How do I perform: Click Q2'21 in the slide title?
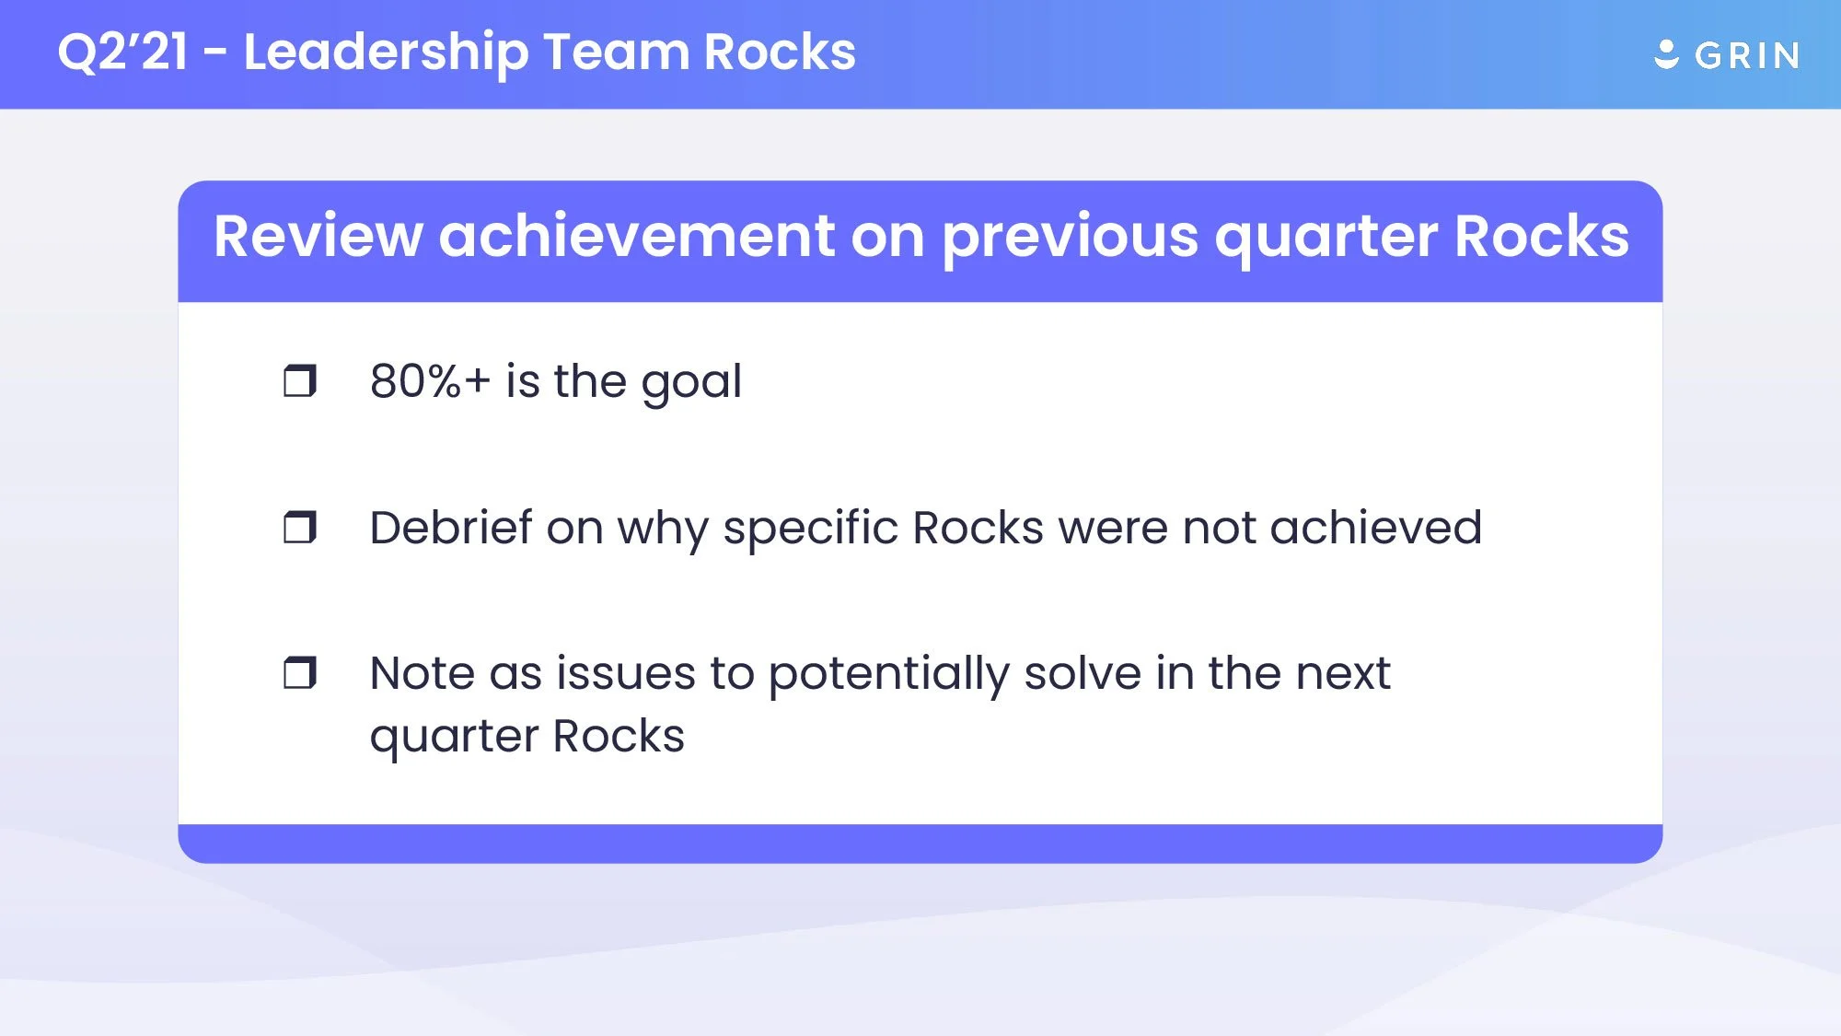click(x=122, y=52)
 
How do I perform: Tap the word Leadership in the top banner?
click(x=386, y=52)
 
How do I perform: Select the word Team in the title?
click(x=616, y=52)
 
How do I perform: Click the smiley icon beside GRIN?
click(x=1666, y=54)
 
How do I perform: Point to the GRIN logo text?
click(x=1747, y=56)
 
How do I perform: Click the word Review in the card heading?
click(x=318, y=237)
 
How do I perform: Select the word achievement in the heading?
click(x=636, y=237)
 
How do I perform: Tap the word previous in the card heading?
click(x=1070, y=237)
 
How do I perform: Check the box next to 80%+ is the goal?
click(x=299, y=380)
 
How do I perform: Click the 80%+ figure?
click(x=430, y=381)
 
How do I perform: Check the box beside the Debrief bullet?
click(x=299, y=527)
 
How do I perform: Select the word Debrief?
click(x=451, y=528)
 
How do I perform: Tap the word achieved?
click(x=1376, y=528)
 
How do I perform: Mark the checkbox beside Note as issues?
click(x=299, y=673)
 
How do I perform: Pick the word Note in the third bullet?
click(x=423, y=673)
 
